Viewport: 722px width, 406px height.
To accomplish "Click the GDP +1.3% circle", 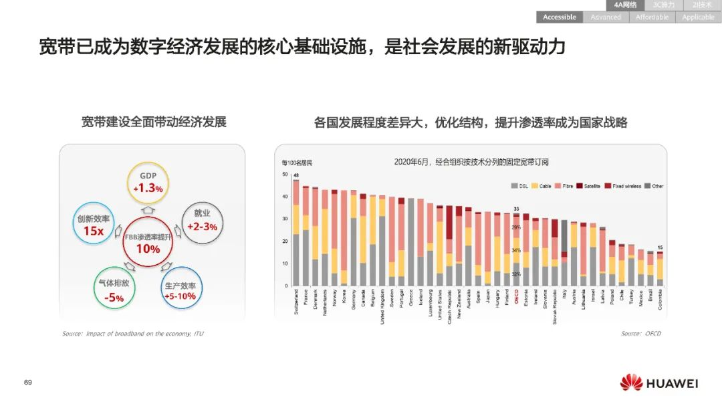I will [x=148, y=183].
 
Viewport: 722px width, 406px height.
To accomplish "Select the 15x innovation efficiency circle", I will [x=93, y=224].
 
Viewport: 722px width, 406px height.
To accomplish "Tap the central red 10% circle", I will [x=148, y=241].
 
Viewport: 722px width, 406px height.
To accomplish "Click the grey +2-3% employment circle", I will [x=203, y=221].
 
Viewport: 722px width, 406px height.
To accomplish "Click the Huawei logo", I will [x=658, y=383].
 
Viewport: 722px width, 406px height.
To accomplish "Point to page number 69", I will [x=28, y=383].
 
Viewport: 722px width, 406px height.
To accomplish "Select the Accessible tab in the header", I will [x=559, y=17].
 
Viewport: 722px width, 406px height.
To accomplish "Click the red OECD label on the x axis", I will [x=516, y=295].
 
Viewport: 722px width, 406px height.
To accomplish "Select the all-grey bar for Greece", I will [x=411, y=241].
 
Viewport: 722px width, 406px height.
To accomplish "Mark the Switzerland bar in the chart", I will [x=295, y=234].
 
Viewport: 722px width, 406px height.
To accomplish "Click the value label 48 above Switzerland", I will [x=295, y=175].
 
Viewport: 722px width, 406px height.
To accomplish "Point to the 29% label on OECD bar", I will [x=516, y=227].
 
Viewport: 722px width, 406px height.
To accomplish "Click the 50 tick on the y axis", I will [x=286, y=175].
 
